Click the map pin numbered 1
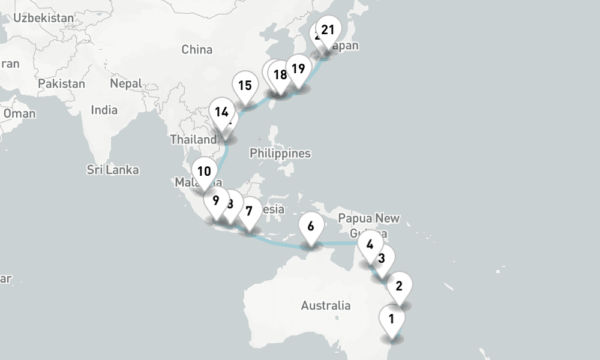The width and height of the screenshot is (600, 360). tap(391, 319)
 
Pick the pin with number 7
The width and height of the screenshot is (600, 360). tap(249, 211)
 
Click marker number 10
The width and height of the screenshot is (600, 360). tap(204, 171)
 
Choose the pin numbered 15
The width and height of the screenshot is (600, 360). tap(244, 85)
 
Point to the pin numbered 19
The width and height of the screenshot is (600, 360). tap(298, 68)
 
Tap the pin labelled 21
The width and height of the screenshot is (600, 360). tap(328, 30)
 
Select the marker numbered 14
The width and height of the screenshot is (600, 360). tap(221, 112)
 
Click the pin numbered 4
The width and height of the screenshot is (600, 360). tap(370, 244)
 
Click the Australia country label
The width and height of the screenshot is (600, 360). tap(326, 305)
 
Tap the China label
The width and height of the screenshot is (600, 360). tap(197, 49)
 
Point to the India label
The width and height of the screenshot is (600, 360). tap(104, 110)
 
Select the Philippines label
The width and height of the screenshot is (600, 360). tap(280, 153)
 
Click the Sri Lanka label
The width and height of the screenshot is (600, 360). tap(113, 170)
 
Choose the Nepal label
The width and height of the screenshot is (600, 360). tap(126, 83)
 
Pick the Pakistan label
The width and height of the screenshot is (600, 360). tap(61, 83)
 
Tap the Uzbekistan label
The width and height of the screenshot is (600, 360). tap(43, 17)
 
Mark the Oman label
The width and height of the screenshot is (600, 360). tap(19, 113)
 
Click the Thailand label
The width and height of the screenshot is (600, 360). tap(192, 139)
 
